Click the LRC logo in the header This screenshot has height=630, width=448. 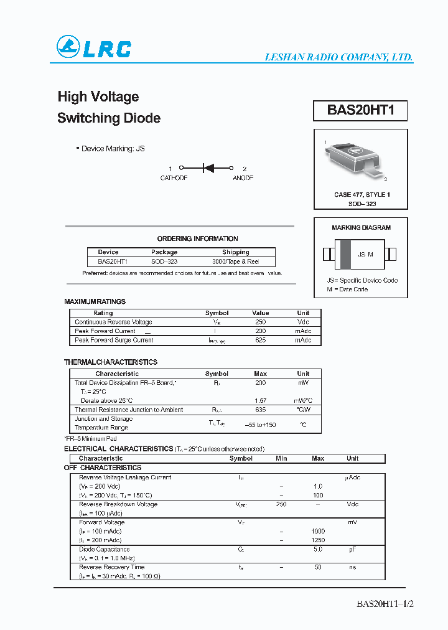point(94,48)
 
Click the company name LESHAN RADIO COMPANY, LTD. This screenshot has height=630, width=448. point(338,57)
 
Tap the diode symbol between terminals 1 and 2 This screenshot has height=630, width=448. point(207,168)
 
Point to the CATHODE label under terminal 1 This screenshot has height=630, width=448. point(174,178)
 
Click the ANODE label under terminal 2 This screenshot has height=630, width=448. point(243,178)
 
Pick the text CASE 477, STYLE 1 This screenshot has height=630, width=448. point(362,195)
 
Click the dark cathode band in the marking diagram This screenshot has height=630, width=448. point(345,255)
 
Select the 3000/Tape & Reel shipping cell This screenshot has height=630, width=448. point(235,262)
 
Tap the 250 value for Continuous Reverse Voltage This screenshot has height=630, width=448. point(260,322)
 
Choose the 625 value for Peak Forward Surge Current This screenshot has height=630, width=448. point(260,341)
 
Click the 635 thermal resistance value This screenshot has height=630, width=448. point(260,410)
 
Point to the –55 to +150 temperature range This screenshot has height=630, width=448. point(260,425)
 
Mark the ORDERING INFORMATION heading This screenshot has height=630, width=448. point(197,238)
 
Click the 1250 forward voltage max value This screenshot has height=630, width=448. point(317,540)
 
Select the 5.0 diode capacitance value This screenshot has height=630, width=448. point(317,550)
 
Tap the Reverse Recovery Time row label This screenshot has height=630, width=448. point(111,567)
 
